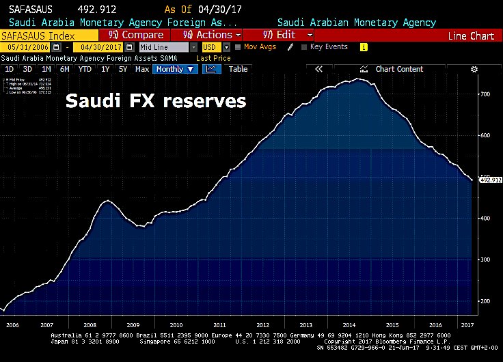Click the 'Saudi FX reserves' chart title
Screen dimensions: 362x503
coord(154,102)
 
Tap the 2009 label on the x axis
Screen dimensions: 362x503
coord(133,325)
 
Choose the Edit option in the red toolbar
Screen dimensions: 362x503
coord(281,35)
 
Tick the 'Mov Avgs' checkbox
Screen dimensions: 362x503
coord(238,47)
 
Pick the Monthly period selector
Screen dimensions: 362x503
coord(174,69)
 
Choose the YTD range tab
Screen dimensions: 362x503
coord(85,69)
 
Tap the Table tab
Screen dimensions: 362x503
coord(238,69)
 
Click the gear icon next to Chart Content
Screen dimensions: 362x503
coord(474,69)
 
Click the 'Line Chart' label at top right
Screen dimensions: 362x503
coord(471,36)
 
